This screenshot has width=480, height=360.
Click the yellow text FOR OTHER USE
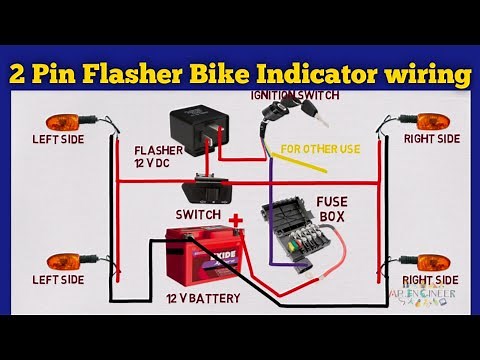(320, 150)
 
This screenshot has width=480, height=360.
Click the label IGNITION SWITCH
(295, 95)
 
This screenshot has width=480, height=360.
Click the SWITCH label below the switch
(198, 214)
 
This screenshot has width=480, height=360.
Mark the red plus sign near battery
(236, 219)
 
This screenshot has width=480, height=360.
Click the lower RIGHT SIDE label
(431, 280)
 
